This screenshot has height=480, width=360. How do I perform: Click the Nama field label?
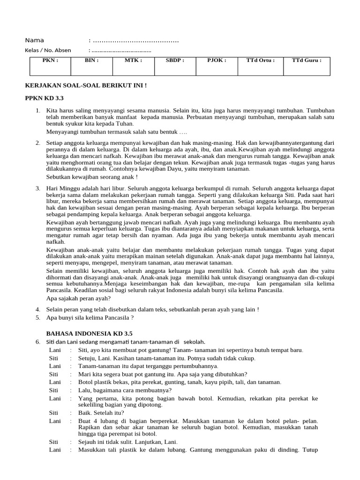click(x=34, y=40)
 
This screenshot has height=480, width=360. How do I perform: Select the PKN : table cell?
click(x=50, y=66)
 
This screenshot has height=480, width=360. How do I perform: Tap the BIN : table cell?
click(x=91, y=66)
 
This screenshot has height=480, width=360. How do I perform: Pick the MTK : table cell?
click(x=133, y=66)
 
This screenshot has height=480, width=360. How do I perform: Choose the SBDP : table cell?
click(x=175, y=66)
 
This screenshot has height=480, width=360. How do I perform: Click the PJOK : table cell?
click(x=217, y=66)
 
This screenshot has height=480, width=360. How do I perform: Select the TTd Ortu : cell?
click(x=260, y=66)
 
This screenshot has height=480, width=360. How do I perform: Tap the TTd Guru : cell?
click(x=307, y=66)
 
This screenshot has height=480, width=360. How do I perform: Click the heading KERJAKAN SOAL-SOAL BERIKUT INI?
click(x=85, y=85)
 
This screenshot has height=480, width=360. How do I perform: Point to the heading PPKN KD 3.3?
click(x=44, y=98)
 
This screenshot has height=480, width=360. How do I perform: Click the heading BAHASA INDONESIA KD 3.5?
click(x=89, y=333)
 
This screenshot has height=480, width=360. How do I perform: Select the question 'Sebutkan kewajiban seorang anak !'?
click(x=92, y=177)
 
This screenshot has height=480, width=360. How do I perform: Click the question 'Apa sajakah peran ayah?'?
click(x=78, y=298)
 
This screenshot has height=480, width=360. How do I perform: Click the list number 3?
click(x=38, y=188)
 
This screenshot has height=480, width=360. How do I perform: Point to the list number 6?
click(x=38, y=342)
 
